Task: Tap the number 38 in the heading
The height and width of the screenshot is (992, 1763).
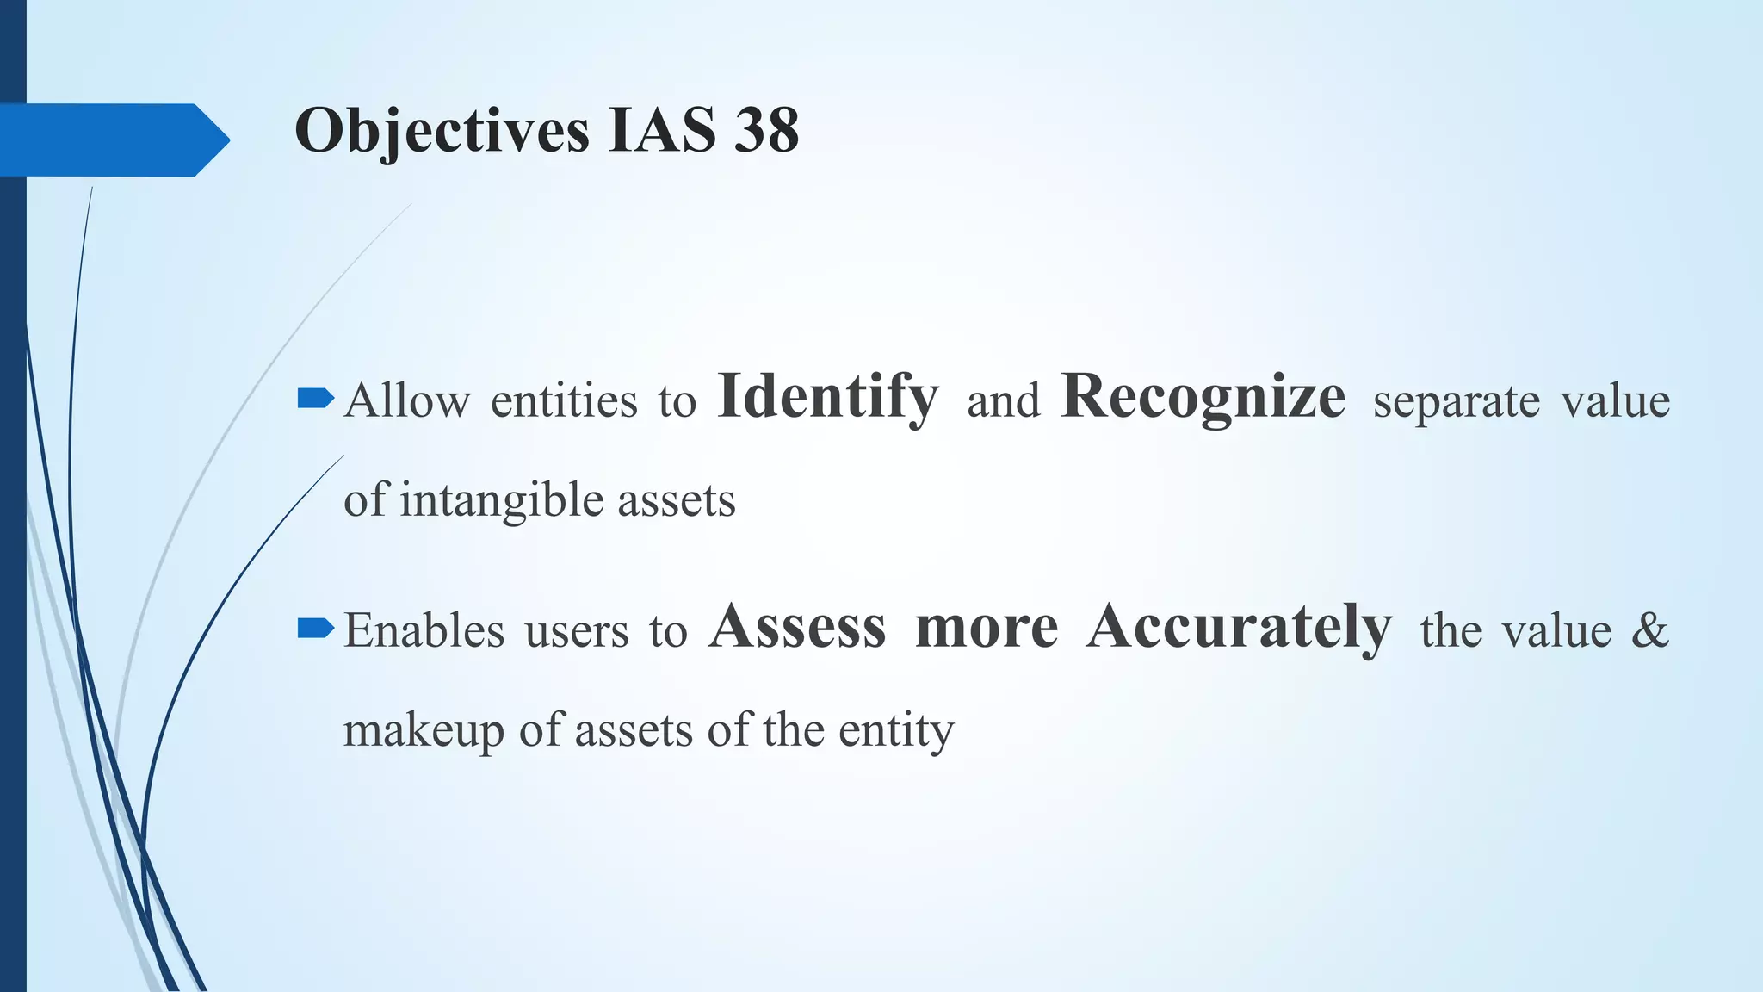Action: (766, 131)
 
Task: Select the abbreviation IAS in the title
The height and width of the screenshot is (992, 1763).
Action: (661, 131)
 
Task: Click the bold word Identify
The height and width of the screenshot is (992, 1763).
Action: (827, 397)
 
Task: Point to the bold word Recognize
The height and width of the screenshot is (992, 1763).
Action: (1203, 397)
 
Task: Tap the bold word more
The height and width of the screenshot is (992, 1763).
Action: (987, 629)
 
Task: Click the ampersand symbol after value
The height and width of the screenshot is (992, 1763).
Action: (1649, 629)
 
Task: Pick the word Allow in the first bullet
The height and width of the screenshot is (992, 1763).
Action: (407, 401)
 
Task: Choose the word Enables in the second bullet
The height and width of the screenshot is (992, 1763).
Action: (424, 630)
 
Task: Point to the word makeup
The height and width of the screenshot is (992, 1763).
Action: (424, 731)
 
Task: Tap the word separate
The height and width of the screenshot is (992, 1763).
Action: (1456, 401)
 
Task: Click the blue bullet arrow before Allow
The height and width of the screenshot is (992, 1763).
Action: (315, 398)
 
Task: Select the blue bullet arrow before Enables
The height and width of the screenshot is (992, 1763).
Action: (315, 628)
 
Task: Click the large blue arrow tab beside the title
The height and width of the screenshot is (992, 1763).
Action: (112, 139)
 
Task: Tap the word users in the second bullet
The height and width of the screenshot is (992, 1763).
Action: (577, 631)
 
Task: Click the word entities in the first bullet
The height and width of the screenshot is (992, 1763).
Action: (564, 401)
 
